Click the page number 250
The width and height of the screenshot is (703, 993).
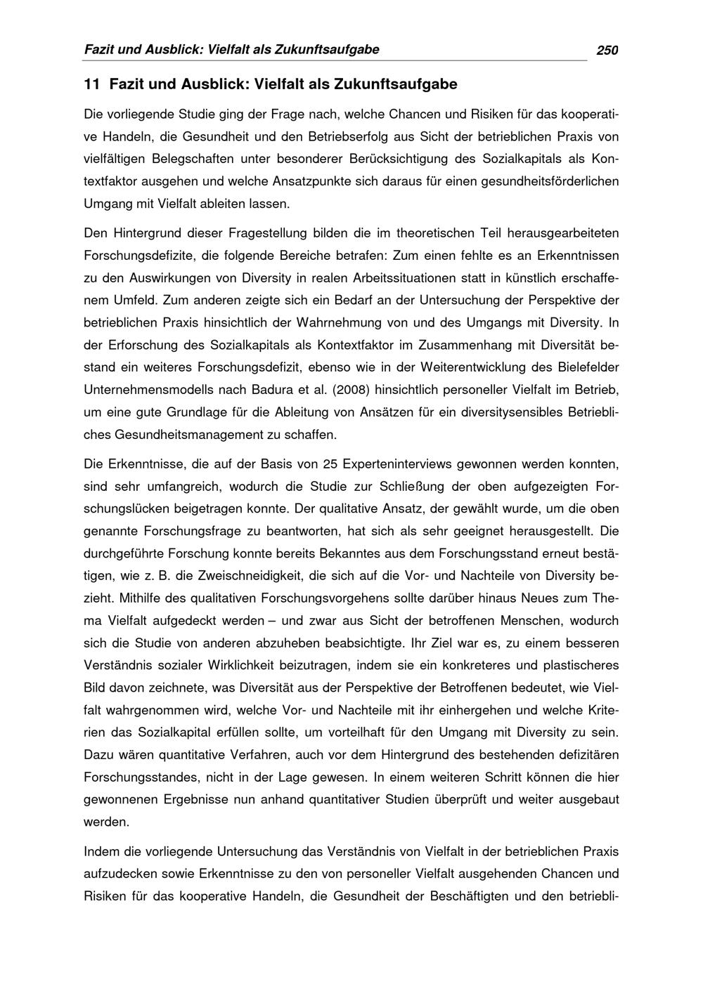607,50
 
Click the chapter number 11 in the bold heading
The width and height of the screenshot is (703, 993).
91,85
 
